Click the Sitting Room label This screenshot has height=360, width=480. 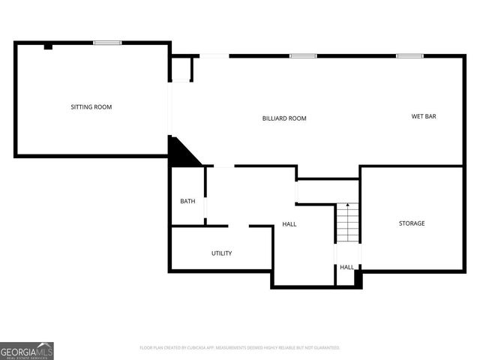[x=91, y=107]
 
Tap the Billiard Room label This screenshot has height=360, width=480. [x=284, y=118]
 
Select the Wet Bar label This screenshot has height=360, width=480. [x=424, y=116]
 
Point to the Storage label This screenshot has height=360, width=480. [x=412, y=223]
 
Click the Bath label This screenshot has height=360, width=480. [x=187, y=201]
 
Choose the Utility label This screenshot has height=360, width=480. [x=221, y=253]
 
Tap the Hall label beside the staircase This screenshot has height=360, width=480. [x=289, y=224]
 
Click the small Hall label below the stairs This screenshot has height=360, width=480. [x=347, y=267]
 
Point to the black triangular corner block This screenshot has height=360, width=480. [x=180, y=154]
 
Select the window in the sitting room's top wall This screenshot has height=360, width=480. [x=107, y=43]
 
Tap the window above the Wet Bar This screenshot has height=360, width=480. [x=409, y=55]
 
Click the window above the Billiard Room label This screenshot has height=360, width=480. [x=303, y=55]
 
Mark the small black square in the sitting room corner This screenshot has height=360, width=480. [x=48, y=46]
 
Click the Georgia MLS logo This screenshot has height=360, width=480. [x=27, y=350]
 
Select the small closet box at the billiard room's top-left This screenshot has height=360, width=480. [x=182, y=70]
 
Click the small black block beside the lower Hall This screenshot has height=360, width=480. [x=358, y=278]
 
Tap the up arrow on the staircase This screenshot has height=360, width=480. [x=347, y=206]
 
